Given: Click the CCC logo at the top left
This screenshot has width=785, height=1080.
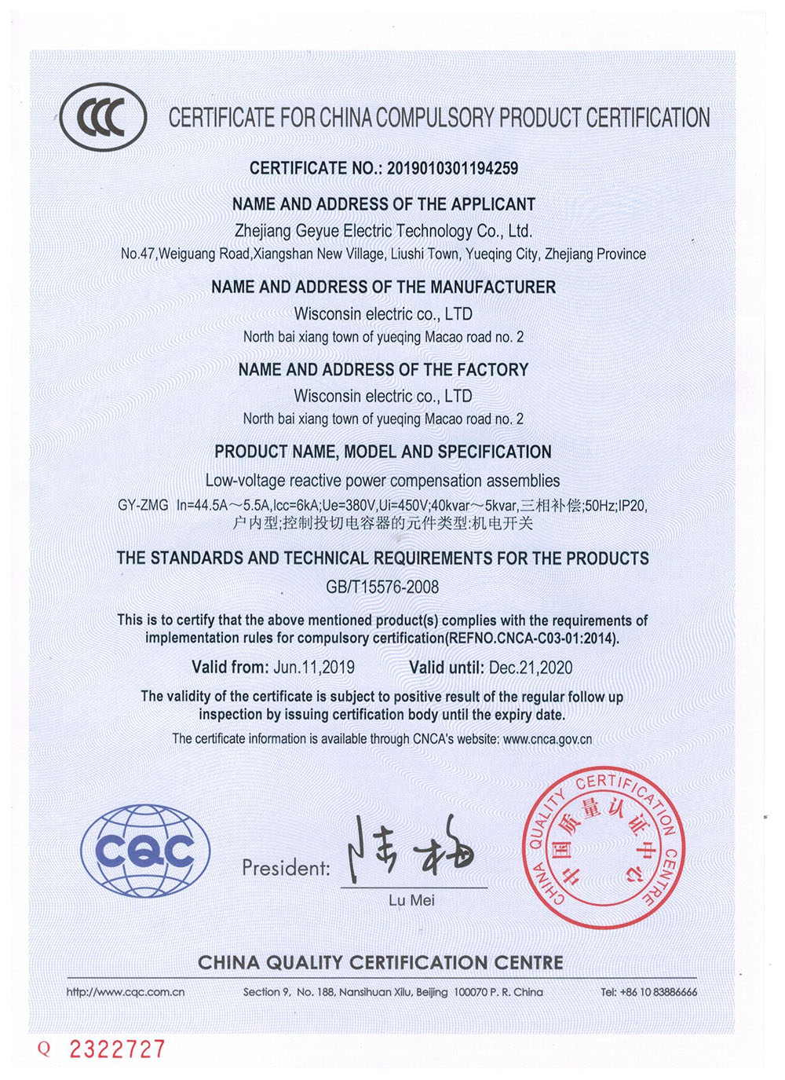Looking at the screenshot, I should pos(103,118).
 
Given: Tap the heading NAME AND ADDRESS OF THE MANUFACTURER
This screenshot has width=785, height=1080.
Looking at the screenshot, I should pos(383,287).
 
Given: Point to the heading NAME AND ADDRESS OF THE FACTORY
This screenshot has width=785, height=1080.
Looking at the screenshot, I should pos(383,369).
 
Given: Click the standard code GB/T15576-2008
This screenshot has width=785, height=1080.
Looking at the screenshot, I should pos(382,587).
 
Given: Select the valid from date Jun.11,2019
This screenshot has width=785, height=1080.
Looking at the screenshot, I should pos(314,668).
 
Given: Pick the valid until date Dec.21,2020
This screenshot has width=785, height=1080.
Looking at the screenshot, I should pos(531,668).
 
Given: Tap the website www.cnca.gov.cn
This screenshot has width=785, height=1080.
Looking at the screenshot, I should pos(547,739).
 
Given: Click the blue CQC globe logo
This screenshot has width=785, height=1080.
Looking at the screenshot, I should pos(145,851).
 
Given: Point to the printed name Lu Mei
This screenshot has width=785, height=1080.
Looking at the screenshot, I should pos(411,901).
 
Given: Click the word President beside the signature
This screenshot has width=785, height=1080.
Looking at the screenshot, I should pos(286,868).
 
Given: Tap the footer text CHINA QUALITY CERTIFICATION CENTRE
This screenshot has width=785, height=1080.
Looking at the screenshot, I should pos(381,962).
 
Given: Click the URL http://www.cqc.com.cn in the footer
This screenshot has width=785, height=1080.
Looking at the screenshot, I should pos(126,992).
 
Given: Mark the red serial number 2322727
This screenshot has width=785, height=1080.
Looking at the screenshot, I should pos(118,1049).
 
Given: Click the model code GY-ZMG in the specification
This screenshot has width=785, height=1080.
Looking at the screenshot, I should pos(143,505).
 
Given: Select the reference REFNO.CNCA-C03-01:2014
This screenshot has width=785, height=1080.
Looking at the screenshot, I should pos(531,638).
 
